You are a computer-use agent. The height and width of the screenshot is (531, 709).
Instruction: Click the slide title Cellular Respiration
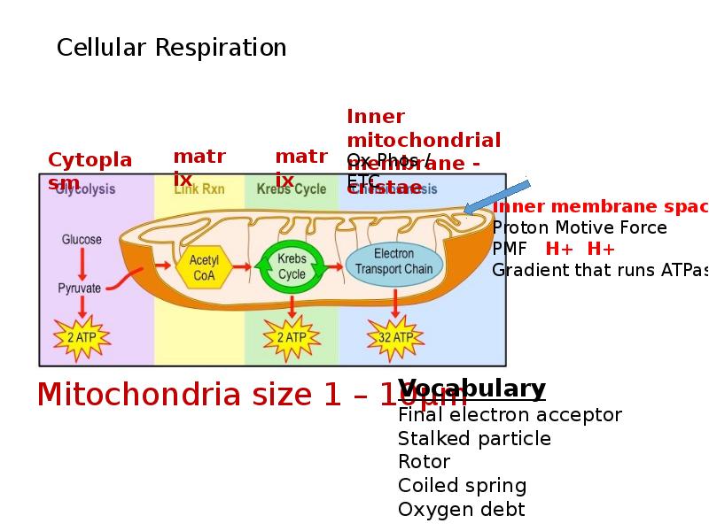click(x=171, y=48)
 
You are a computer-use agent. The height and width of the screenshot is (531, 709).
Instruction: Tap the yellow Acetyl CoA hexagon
click(x=204, y=266)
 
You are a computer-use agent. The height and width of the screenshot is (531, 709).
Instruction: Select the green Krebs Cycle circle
click(x=292, y=266)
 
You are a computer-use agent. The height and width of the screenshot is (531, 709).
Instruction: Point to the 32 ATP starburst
click(x=395, y=338)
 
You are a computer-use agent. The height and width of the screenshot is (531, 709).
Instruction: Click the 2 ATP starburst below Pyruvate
click(x=82, y=338)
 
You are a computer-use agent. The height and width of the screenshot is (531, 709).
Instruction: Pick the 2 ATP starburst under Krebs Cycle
click(x=292, y=338)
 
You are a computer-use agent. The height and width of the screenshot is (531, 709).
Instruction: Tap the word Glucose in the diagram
click(x=82, y=240)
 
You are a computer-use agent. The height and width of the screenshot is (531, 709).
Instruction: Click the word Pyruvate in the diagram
click(x=80, y=288)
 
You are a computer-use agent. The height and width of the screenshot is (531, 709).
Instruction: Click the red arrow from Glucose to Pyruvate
click(x=82, y=264)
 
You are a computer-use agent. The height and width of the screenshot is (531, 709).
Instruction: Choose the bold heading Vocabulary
click(x=471, y=389)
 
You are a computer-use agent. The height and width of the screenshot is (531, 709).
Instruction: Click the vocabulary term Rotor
click(x=424, y=462)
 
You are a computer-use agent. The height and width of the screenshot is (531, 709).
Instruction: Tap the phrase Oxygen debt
click(x=461, y=510)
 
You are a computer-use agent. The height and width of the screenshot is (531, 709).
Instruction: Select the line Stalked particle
click(x=474, y=439)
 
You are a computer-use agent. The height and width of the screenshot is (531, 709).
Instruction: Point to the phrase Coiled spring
click(x=462, y=486)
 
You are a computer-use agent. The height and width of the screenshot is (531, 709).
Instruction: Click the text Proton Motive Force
click(x=579, y=228)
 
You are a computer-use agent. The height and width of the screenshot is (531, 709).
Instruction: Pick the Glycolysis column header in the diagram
click(x=85, y=189)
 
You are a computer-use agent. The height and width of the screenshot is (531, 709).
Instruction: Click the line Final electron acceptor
click(x=510, y=415)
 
